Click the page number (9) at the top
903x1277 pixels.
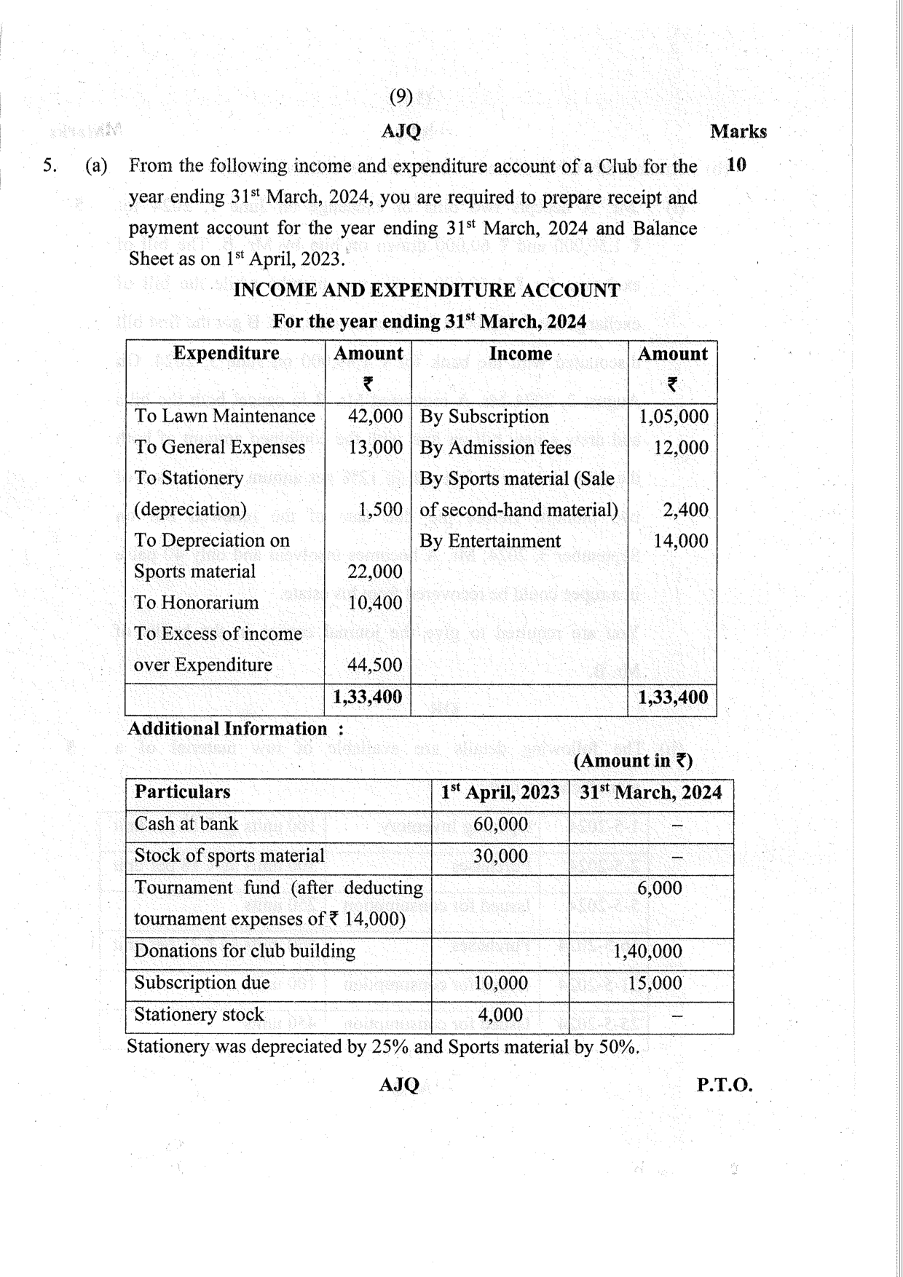(x=401, y=96)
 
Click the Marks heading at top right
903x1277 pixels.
(x=738, y=132)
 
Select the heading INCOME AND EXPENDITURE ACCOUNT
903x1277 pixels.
(x=426, y=290)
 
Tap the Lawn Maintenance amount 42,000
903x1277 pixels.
(x=375, y=416)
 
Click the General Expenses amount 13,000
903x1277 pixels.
(x=375, y=448)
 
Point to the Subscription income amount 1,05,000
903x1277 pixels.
(x=673, y=416)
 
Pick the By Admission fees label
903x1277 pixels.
(x=495, y=448)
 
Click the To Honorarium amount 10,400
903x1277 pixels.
(x=375, y=603)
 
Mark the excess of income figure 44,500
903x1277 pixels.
(x=375, y=665)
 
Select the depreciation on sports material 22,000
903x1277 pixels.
(x=375, y=572)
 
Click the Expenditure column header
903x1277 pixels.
(x=226, y=353)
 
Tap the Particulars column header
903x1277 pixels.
(x=182, y=792)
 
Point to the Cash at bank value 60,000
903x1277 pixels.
(x=500, y=824)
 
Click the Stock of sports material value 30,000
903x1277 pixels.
(x=500, y=856)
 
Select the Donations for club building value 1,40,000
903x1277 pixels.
(x=647, y=952)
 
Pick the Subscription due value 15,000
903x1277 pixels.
(x=655, y=984)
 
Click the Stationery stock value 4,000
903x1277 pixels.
(x=500, y=1015)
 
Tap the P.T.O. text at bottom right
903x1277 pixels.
(x=724, y=1086)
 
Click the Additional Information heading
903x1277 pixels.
(x=227, y=729)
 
